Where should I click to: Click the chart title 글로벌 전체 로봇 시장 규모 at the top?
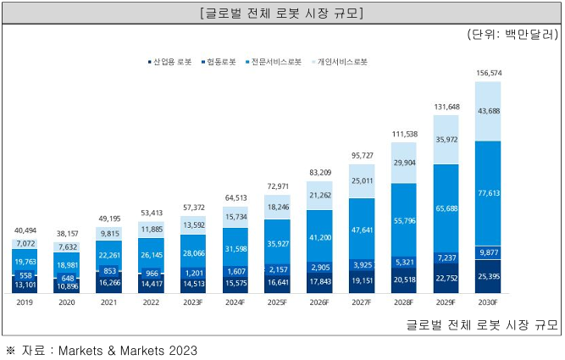[x=282, y=14]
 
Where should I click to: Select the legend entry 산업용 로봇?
[x=171, y=62]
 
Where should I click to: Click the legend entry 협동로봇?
[x=219, y=62]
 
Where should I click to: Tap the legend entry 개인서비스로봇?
[x=341, y=62]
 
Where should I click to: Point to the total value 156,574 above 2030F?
[x=495, y=73]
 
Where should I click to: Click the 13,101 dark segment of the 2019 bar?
[x=25, y=285]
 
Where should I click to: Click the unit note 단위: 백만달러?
[x=512, y=35]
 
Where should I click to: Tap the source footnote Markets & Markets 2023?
[x=127, y=350]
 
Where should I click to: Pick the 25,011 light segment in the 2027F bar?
[x=368, y=180]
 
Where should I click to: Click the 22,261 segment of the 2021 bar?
[x=109, y=256]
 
